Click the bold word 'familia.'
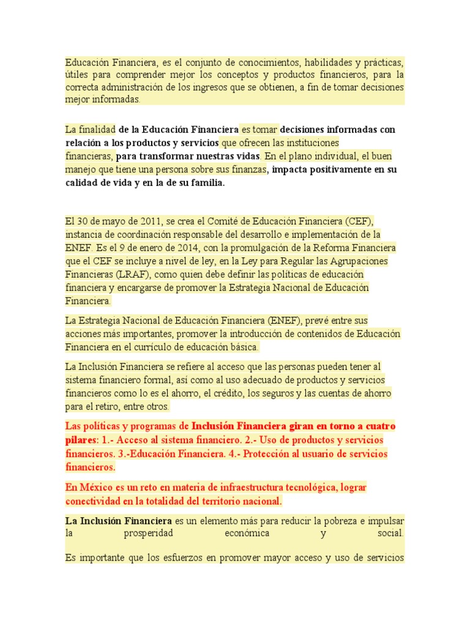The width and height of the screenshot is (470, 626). tap(202, 183)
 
